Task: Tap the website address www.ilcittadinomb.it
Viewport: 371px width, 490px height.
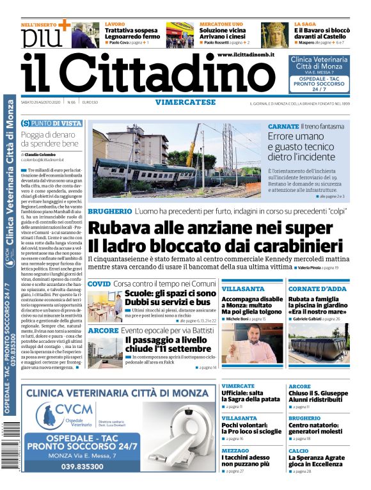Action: click(x=246, y=56)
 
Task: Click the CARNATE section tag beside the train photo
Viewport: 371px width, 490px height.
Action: click(x=283, y=127)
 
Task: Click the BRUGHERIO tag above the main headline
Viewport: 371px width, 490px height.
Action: click(x=109, y=211)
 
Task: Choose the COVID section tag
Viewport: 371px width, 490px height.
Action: click(x=99, y=283)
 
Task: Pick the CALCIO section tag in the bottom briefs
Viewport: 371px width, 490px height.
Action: click(x=298, y=451)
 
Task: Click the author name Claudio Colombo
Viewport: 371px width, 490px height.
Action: click(x=42, y=155)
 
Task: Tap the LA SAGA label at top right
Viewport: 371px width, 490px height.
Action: click(x=304, y=24)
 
